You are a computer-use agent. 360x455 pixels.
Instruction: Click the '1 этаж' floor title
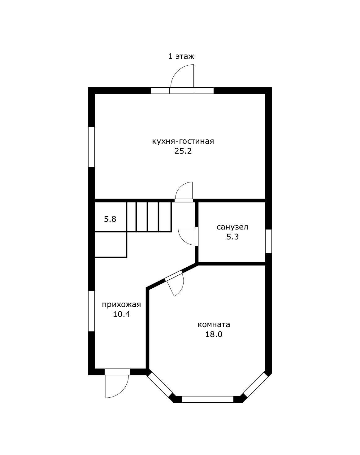point(181,57)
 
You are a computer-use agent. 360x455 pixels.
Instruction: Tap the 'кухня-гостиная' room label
point(183,141)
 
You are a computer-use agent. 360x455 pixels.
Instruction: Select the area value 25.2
point(183,151)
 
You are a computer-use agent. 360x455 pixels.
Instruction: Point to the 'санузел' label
point(232,227)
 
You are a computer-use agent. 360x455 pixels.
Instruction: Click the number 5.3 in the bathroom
point(232,237)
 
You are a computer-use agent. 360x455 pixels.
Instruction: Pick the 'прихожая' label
point(121,305)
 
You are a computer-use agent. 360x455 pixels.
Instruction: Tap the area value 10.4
point(121,314)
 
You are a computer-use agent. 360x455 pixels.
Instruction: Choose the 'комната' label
point(214,325)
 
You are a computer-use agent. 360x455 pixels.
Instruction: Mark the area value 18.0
point(214,335)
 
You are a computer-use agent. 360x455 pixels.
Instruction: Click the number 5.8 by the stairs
point(110,219)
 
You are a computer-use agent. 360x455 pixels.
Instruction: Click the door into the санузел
point(188,237)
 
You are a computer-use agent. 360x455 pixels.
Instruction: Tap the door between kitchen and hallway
point(184,192)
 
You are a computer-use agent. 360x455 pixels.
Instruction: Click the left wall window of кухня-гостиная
point(92,147)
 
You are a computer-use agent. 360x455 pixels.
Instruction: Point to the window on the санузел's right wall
point(268,241)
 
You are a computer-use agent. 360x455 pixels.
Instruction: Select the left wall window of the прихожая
point(92,311)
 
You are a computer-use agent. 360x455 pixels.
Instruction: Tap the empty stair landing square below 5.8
point(111,245)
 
